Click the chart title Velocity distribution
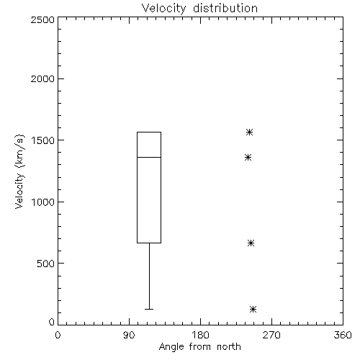[199, 9]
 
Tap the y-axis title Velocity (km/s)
[19, 171]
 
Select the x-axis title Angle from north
[199, 347]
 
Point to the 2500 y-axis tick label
[42, 19]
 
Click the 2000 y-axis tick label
[42, 78]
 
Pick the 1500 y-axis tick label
[43, 140]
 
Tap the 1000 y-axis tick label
[43, 202]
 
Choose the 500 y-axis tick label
[46, 264]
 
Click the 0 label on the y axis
[52, 322]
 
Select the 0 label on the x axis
[58, 335]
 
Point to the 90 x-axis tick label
[129, 335]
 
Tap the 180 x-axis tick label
[200, 335]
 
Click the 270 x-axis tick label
[271, 335]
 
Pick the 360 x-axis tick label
[343, 335]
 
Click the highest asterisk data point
[250, 132]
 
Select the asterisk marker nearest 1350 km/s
[248, 158]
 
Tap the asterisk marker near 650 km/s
[251, 243]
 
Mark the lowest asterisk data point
[253, 309]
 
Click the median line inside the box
[149, 157]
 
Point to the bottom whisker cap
[149, 309]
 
